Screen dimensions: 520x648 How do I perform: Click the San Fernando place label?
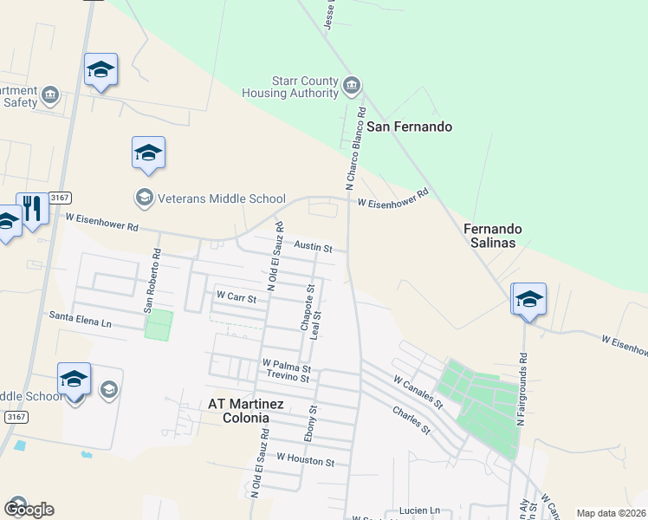click(410, 127)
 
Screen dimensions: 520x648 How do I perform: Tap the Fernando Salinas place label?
click(493, 236)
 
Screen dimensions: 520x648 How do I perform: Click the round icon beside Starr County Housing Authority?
click(352, 85)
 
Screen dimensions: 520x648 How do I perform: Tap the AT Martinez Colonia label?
click(239, 410)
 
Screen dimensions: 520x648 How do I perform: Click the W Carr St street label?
click(237, 296)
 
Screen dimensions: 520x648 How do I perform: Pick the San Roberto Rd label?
click(152, 281)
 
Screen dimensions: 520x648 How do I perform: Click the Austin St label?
click(313, 247)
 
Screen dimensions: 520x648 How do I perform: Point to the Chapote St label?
click(306, 307)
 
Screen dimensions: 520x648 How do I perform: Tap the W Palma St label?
click(286, 366)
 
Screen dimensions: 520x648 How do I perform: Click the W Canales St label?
click(418, 393)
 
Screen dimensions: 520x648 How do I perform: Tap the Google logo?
click(29, 509)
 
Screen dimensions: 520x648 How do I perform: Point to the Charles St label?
click(411, 420)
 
